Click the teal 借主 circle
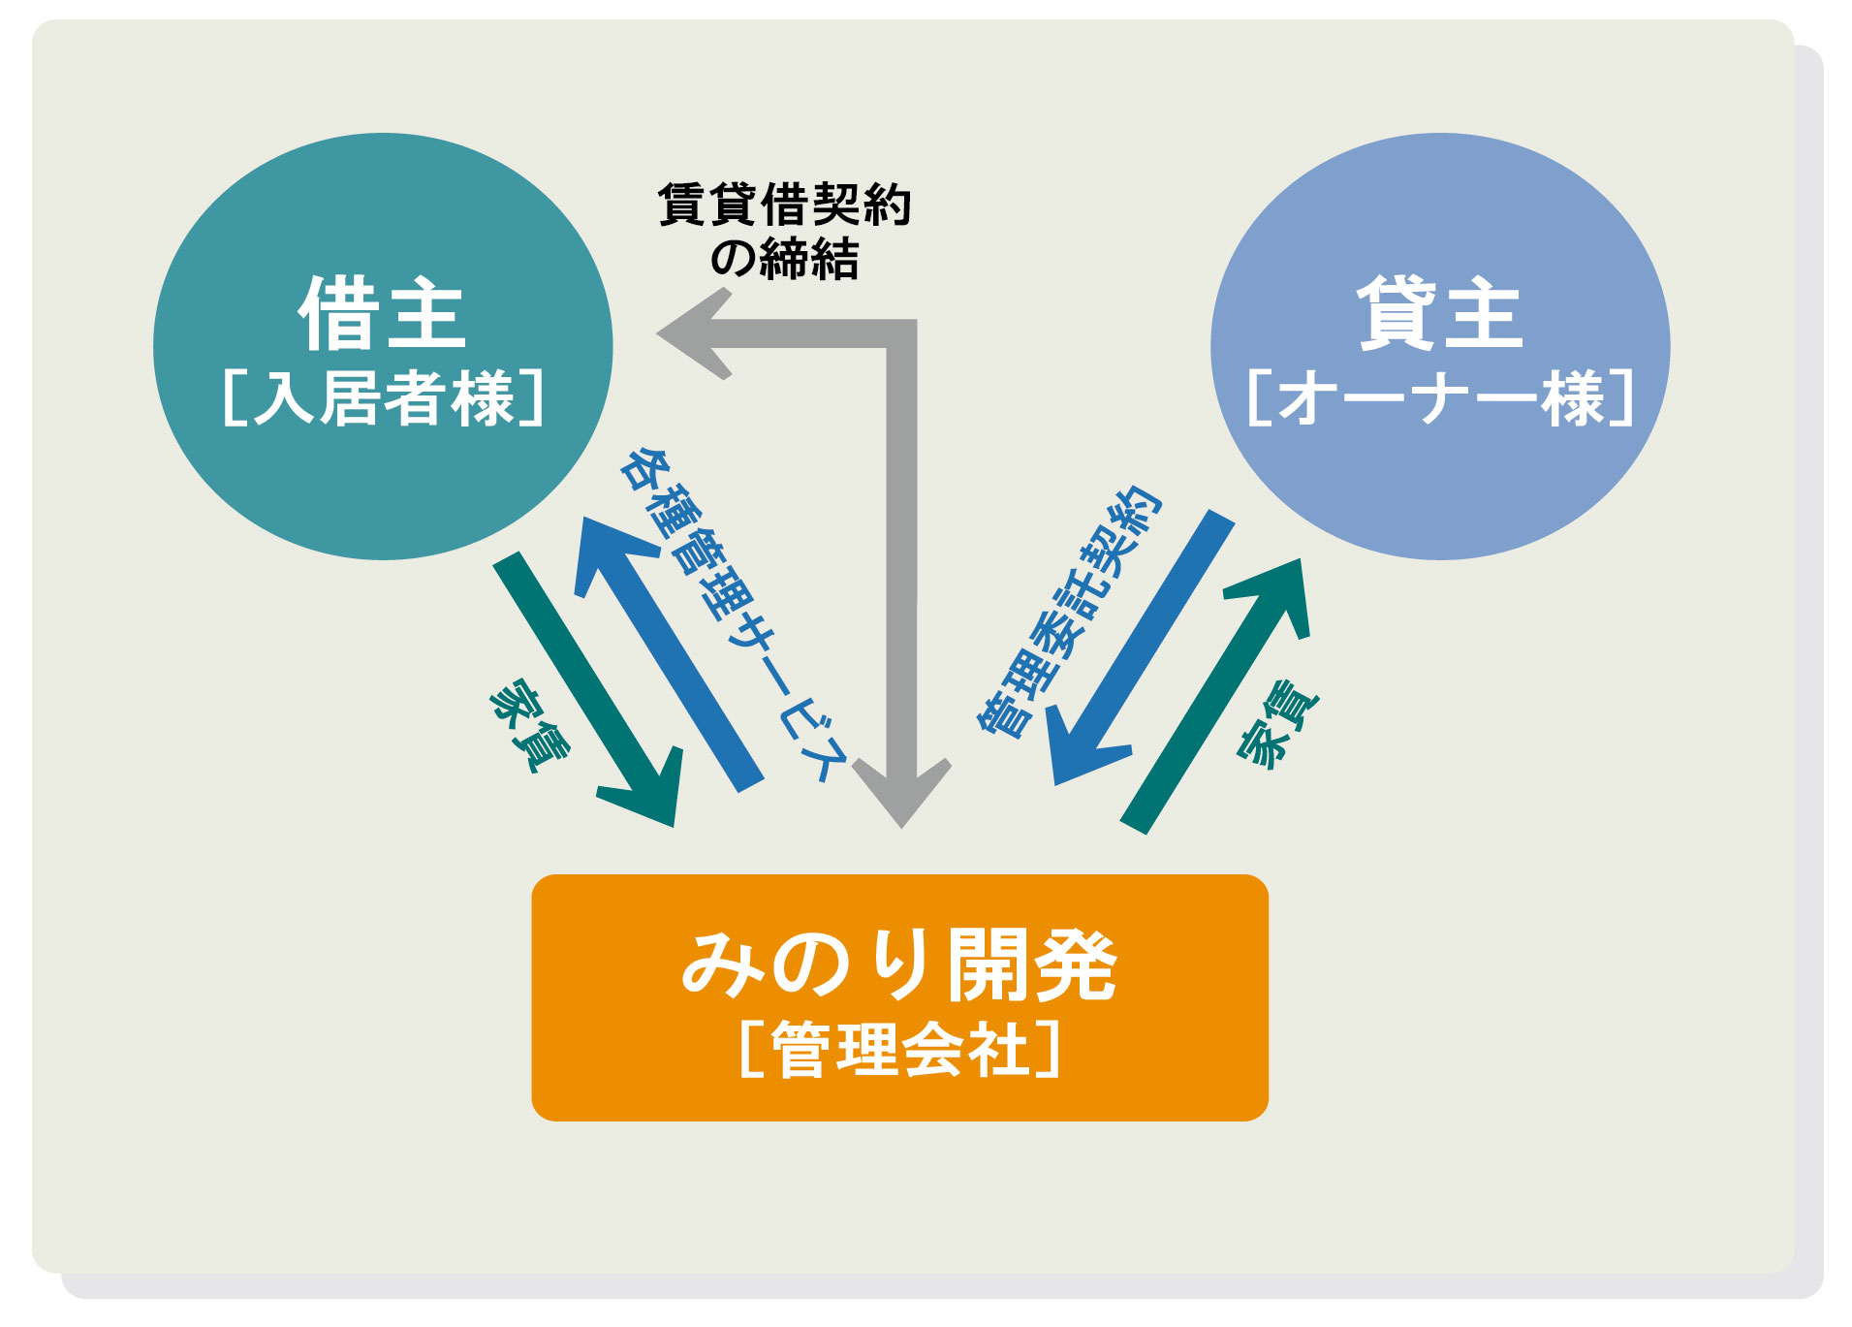pyautogui.click(x=383, y=346)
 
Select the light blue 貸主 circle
pyautogui.click(x=1440, y=346)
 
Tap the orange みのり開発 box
pyautogui.click(x=899, y=997)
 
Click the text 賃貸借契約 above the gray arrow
pyautogui.click(x=784, y=205)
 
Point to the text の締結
pyautogui.click(x=784, y=259)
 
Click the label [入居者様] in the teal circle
pyautogui.click(x=383, y=397)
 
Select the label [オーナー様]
pyautogui.click(x=1440, y=397)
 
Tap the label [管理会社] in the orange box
pyautogui.click(x=899, y=1049)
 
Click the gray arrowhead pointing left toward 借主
pyautogui.click(x=693, y=333)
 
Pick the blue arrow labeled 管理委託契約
pyautogui.click(x=1142, y=648)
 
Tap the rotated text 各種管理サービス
pyautogui.click(x=734, y=616)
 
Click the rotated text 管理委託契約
pyautogui.click(x=1068, y=613)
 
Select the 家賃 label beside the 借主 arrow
pyautogui.click(x=530, y=725)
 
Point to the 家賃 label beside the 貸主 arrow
pyautogui.click(x=1277, y=725)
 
